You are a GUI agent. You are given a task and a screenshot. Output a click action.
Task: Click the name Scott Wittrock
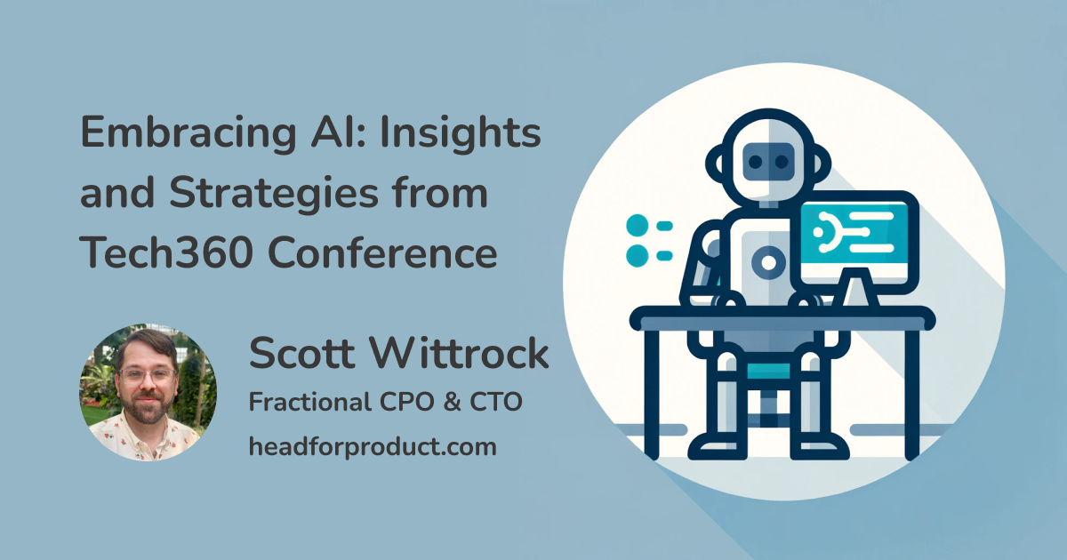coord(397,355)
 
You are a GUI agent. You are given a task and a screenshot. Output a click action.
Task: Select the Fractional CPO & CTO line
coord(385,403)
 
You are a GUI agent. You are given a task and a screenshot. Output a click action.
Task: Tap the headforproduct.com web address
coord(372,446)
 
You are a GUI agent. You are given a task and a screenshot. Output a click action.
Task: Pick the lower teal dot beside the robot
coord(638,255)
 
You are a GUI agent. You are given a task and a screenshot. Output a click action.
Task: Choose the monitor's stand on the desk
coord(855,289)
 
